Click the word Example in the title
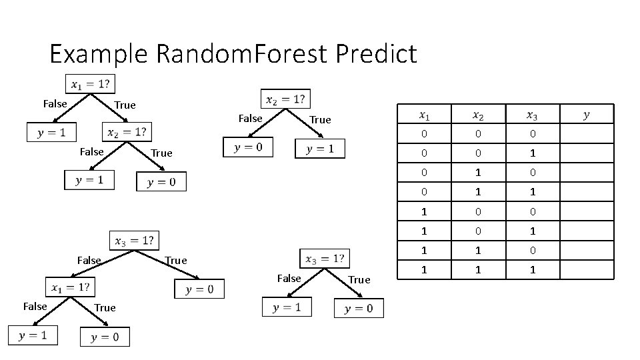tap(99, 54)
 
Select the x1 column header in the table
tap(425, 115)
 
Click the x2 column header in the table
tap(478, 115)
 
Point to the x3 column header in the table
tap(531, 115)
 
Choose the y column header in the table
tap(586, 115)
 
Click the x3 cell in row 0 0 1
tap(531, 153)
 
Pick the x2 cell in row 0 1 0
tap(478, 173)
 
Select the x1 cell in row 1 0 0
tap(425, 211)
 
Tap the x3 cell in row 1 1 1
tap(531, 270)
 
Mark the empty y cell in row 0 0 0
tap(586, 134)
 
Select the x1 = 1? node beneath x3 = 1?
tap(70, 288)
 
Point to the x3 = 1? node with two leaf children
tap(325, 259)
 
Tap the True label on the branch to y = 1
tap(320, 120)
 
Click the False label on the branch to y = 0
tap(250, 119)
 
